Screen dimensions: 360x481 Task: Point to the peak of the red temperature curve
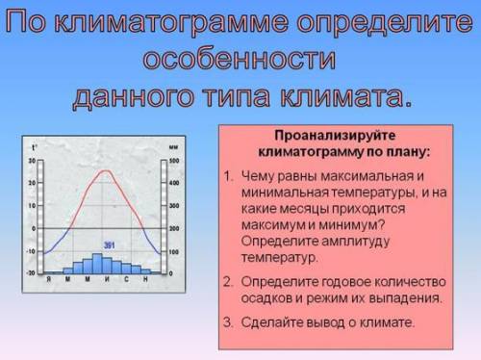tap(104, 174)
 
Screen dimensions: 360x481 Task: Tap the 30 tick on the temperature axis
tap(31, 160)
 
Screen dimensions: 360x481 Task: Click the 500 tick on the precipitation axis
tap(174, 160)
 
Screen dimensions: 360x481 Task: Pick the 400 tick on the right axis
tap(174, 183)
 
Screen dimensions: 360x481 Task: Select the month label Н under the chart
tap(145, 280)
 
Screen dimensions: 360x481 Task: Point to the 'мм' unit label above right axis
tap(172, 147)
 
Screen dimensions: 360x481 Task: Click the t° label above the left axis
tap(34, 147)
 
